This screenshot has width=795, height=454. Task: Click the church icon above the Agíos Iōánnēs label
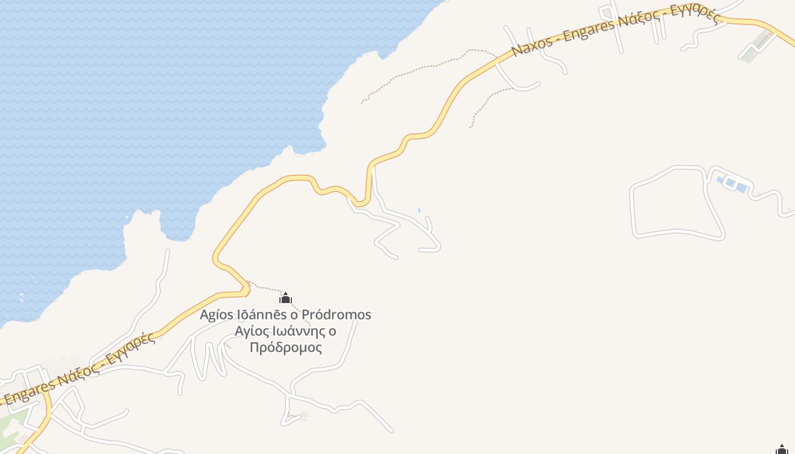(286, 298)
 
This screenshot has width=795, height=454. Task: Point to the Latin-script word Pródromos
(336, 314)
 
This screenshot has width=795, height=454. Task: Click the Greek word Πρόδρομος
(286, 347)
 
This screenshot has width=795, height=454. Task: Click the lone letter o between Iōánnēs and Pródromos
(294, 315)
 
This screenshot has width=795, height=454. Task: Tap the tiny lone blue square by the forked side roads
(419, 211)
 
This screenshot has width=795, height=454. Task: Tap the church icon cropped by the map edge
(782, 450)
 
